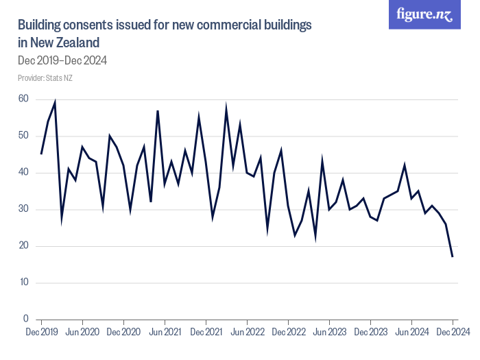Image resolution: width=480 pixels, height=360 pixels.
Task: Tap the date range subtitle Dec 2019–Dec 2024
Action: (x=62, y=60)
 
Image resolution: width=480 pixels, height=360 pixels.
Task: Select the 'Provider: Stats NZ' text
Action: (x=45, y=78)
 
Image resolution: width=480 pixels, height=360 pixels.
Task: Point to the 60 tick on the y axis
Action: (x=23, y=99)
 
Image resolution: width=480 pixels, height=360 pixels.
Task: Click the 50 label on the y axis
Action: (x=23, y=136)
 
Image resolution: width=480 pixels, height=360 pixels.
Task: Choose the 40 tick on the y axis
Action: (x=23, y=173)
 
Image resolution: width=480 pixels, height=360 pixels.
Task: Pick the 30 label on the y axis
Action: (x=23, y=209)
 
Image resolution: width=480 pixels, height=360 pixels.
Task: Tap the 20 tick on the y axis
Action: (x=23, y=246)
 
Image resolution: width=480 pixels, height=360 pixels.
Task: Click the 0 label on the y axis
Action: (x=25, y=320)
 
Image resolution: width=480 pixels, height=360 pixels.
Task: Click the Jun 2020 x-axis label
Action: (x=82, y=332)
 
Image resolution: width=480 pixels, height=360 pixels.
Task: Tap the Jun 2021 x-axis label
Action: (x=165, y=332)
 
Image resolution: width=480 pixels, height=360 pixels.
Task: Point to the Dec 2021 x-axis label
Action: (x=206, y=332)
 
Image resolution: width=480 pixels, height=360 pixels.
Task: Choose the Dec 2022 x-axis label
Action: (x=288, y=332)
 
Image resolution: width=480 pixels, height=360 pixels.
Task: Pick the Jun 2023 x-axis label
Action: (x=329, y=332)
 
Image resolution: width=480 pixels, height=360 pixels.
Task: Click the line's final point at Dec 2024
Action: (x=453, y=256)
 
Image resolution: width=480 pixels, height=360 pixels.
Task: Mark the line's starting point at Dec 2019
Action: (x=41, y=154)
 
